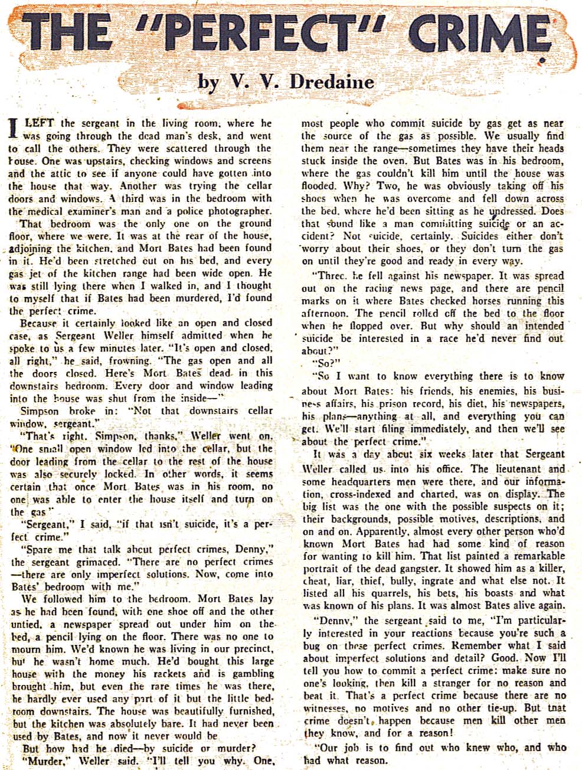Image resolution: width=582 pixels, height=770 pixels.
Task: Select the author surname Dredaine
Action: tap(332, 81)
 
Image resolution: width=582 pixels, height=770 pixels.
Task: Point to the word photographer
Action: tap(236, 211)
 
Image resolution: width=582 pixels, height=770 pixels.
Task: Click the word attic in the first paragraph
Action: tap(61, 173)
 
